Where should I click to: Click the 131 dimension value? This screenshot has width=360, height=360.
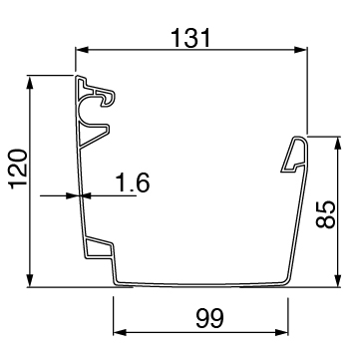[x=190, y=38]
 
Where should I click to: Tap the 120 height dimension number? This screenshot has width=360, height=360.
[x=18, y=170]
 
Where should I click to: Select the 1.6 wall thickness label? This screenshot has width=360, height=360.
[x=133, y=182]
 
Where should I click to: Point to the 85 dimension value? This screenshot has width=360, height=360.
[x=325, y=214]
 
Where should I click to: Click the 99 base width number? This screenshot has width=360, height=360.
[x=209, y=318]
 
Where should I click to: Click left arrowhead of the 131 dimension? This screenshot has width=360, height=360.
[x=82, y=50]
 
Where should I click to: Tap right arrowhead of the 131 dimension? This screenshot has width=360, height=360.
[x=300, y=50]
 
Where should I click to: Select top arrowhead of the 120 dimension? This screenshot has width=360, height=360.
[x=30, y=82]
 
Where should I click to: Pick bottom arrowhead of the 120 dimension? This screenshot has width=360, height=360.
[x=30, y=280]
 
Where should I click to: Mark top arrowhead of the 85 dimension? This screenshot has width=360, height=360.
[x=338, y=144]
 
